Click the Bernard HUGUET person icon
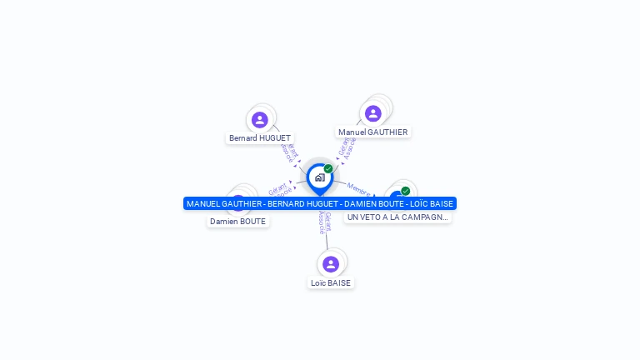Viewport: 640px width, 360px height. click(x=260, y=120)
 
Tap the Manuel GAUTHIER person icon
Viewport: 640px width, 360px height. click(x=373, y=113)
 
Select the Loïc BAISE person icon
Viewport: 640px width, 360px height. click(x=331, y=264)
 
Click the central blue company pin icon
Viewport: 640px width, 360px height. click(x=319, y=177)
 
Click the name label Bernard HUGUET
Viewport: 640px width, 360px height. click(x=260, y=137)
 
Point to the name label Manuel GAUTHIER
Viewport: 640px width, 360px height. click(x=373, y=132)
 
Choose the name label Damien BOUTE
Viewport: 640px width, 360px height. click(x=237, y=222)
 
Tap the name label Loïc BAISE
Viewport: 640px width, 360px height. click(x=331, y=282)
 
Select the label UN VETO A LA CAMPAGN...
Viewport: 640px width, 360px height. click(x=397, y=217)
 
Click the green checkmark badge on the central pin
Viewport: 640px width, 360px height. click(x=328, y=168)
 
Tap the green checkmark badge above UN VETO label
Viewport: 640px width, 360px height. click(x=405, y=191)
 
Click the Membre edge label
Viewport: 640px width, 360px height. click(x=358, y=187)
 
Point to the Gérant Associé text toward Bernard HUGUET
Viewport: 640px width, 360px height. click(x=289, y=152)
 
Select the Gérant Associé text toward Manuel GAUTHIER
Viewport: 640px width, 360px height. click(x=347, y=148)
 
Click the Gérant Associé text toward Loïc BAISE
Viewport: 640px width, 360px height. click(x=324, y=222)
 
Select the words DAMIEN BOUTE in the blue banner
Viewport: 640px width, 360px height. click(x=369, y=203)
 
